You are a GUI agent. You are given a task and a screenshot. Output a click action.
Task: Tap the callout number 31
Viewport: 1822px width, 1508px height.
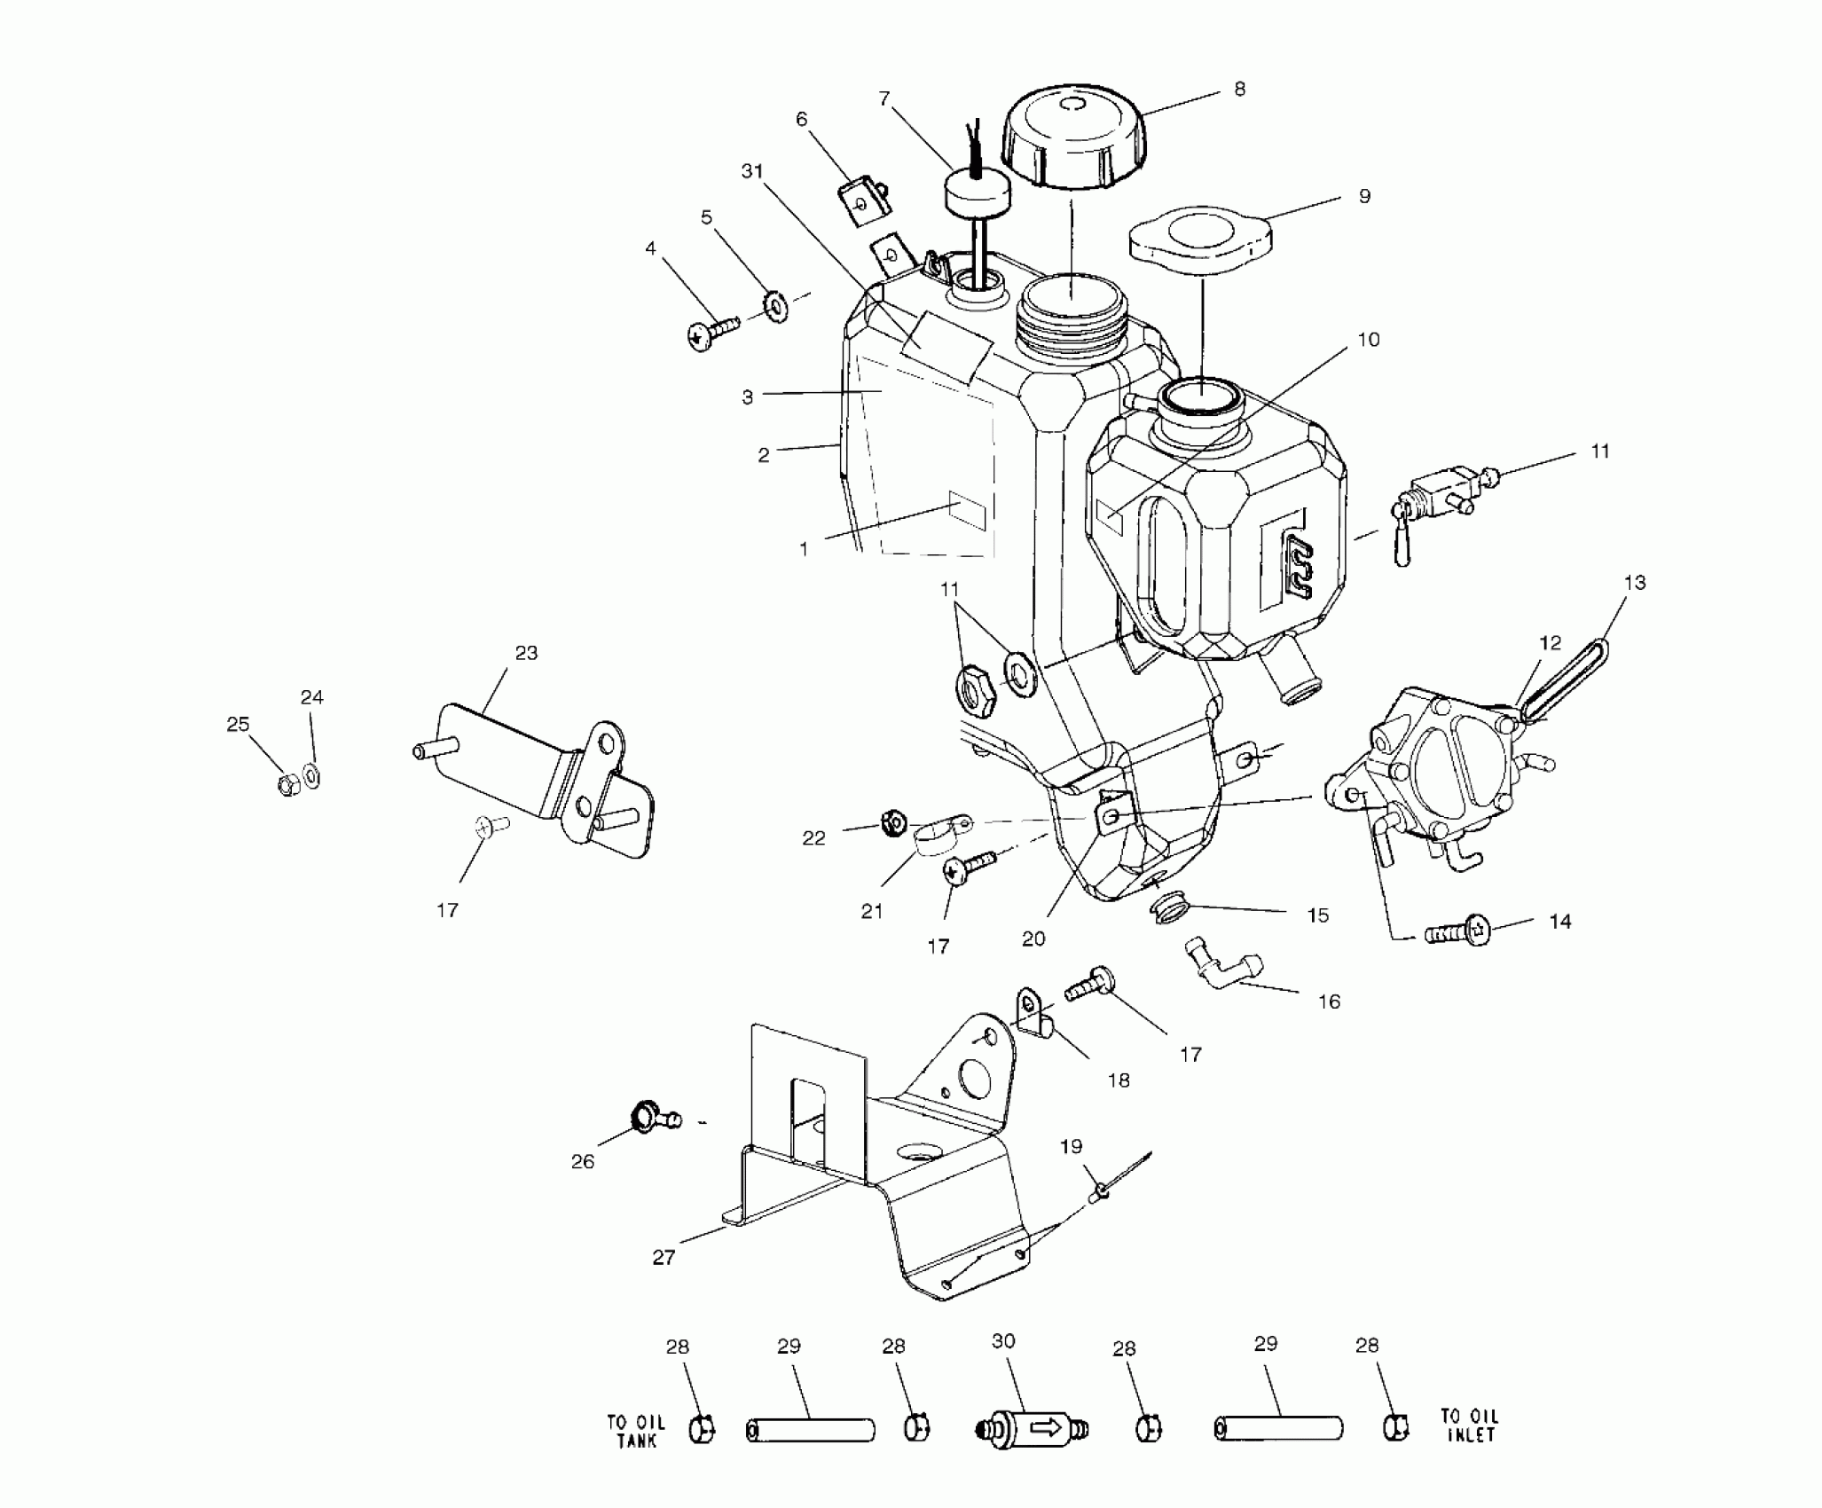click(x=752, y=171)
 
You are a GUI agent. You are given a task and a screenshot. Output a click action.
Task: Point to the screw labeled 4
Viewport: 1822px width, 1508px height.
click(x=711, y=334)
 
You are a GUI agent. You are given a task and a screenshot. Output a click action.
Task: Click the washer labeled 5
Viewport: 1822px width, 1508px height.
click(x=777, y=307)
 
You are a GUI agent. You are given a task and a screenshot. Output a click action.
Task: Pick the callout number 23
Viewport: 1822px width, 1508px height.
click(x=525, y=654)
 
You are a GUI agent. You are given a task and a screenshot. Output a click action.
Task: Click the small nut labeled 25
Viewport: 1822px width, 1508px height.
click(x=287, y=785)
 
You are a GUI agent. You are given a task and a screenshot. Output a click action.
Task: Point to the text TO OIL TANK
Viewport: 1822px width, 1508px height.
click(x=635, y=1431)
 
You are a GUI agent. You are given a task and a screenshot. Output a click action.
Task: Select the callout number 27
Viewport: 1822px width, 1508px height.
click(x=664, y=1257)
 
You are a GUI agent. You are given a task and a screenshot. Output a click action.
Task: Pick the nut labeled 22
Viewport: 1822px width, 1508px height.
click(x=893, y=823)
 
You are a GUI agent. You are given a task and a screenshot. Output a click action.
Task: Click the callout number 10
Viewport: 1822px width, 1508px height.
click(x=1369, y=341)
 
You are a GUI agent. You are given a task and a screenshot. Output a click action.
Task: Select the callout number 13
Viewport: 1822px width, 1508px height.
click(x=1635, y=583)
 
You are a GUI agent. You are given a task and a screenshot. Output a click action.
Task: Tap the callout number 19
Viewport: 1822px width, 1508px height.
click(x=1072, y=1147)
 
